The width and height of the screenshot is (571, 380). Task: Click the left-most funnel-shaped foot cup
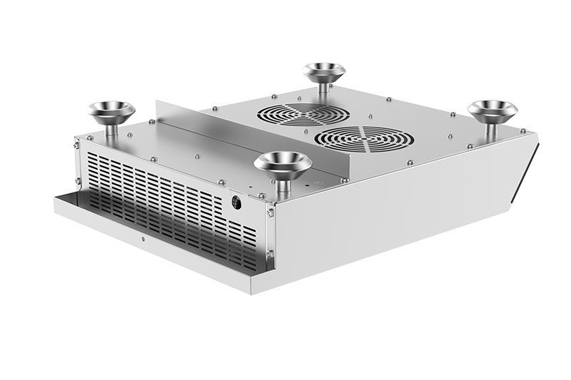click(x=112, y=111)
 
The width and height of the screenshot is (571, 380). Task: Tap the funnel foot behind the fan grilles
click(x=324, y=72)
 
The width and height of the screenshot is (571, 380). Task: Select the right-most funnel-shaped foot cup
click(x=492, y=109)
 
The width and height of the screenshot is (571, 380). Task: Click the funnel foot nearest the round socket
click(x=283, y=163)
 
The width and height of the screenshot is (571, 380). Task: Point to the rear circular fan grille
click(x=303, y=113)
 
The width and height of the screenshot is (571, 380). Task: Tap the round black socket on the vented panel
click(x=236, y=202)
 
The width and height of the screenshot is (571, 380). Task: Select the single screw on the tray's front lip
click(x=143, y=238)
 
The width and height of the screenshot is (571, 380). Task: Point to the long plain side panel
click(x=393, y=214)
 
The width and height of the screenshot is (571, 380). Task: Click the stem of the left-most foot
click(x=112, y=131)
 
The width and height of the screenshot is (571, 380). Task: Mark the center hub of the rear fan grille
click(x=303, y=113)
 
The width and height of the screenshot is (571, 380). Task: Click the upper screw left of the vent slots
click(x=76, y=146)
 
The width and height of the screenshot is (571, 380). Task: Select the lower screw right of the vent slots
click(x=269, y=253)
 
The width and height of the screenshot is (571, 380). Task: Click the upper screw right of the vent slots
click(x=270, y=211)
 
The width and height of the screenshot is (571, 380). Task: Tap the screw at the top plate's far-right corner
click(x=522, y=131)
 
